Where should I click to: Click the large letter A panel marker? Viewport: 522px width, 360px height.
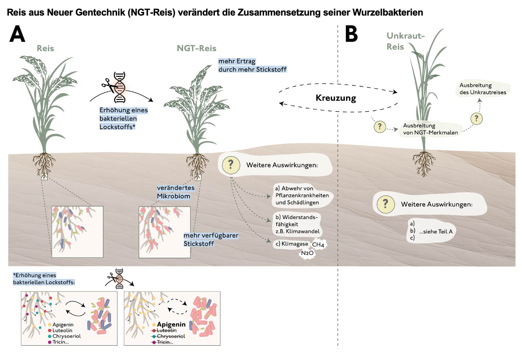pyautogui.click(x=17, y=34)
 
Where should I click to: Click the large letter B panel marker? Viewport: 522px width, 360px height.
pyautogui.click(x=351, y=34)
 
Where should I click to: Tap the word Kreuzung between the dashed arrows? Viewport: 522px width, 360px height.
pyautogui.click(x=335, y=98)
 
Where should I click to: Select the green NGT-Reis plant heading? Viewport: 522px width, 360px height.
pyautogui.click(x=196, y=48)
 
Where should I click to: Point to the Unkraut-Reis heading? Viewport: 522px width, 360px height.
pyautogui.click(x=405, y=41)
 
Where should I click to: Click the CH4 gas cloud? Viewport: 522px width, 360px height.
pyautogui.click(x=318, y=245)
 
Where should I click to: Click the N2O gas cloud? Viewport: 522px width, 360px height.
pyautogui.click(x=307, y=253)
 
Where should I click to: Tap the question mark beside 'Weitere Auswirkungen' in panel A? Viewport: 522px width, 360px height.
pyautogui.click(x=231, y=165)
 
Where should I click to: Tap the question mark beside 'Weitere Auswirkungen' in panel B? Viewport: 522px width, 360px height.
pyautogui.click(x=385, y=204)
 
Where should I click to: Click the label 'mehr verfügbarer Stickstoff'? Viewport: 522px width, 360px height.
pyautogui.click(x=211, y=239)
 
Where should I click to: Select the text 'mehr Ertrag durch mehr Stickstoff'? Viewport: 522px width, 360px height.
pyautogui.click(x=252, y=65)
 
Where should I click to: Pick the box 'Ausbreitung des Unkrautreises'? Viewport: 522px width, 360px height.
pyautogui.click(x=482, y=89)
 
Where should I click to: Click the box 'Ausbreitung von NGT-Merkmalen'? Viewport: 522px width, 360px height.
pyautogui.click(x=430, y=129)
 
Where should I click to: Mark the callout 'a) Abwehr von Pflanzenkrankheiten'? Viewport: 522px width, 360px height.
pyautogui.click(x=302, y=195)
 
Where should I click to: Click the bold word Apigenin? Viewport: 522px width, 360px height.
pyautogui.click(x=171, y=324)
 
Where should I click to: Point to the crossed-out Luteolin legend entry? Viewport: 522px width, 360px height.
pyautogui.click(x=166, y=331)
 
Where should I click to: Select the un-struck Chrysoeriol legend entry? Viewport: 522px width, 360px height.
pyautogui.click(x=66, y=336)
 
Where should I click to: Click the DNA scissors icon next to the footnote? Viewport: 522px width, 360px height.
pyautogui.click(x=119, y=279)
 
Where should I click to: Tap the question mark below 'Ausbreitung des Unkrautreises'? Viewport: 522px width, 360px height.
pyautogui.click(x=476, y=119)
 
